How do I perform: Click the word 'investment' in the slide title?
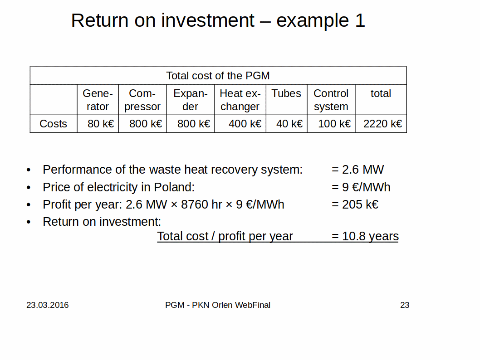click(x=207, y=20)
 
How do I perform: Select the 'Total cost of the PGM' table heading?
click(x=218, y=76)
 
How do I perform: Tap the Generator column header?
click(x=98, y=100)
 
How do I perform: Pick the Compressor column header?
click(x=142, y=100)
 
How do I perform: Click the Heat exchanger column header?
click(x=240, y=100)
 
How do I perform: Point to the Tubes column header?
click(x=286, y=93)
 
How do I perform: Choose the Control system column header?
click(x=331, y=100)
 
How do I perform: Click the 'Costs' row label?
click(x=53, y=124)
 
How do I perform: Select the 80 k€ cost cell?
click(x=101, y=124)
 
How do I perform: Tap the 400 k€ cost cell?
click(x=245, y=124)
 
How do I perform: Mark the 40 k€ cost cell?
click(x=289, y=124)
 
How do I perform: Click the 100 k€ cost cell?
click(x=334, y=124)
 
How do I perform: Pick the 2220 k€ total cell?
click(x=382, y=124)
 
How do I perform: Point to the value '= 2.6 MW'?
click(x=358, y=170)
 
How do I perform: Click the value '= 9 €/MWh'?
click(x=361, y=187)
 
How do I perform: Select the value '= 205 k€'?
click(x=355, y=204)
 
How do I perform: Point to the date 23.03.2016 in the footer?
click(x=48, y=305)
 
